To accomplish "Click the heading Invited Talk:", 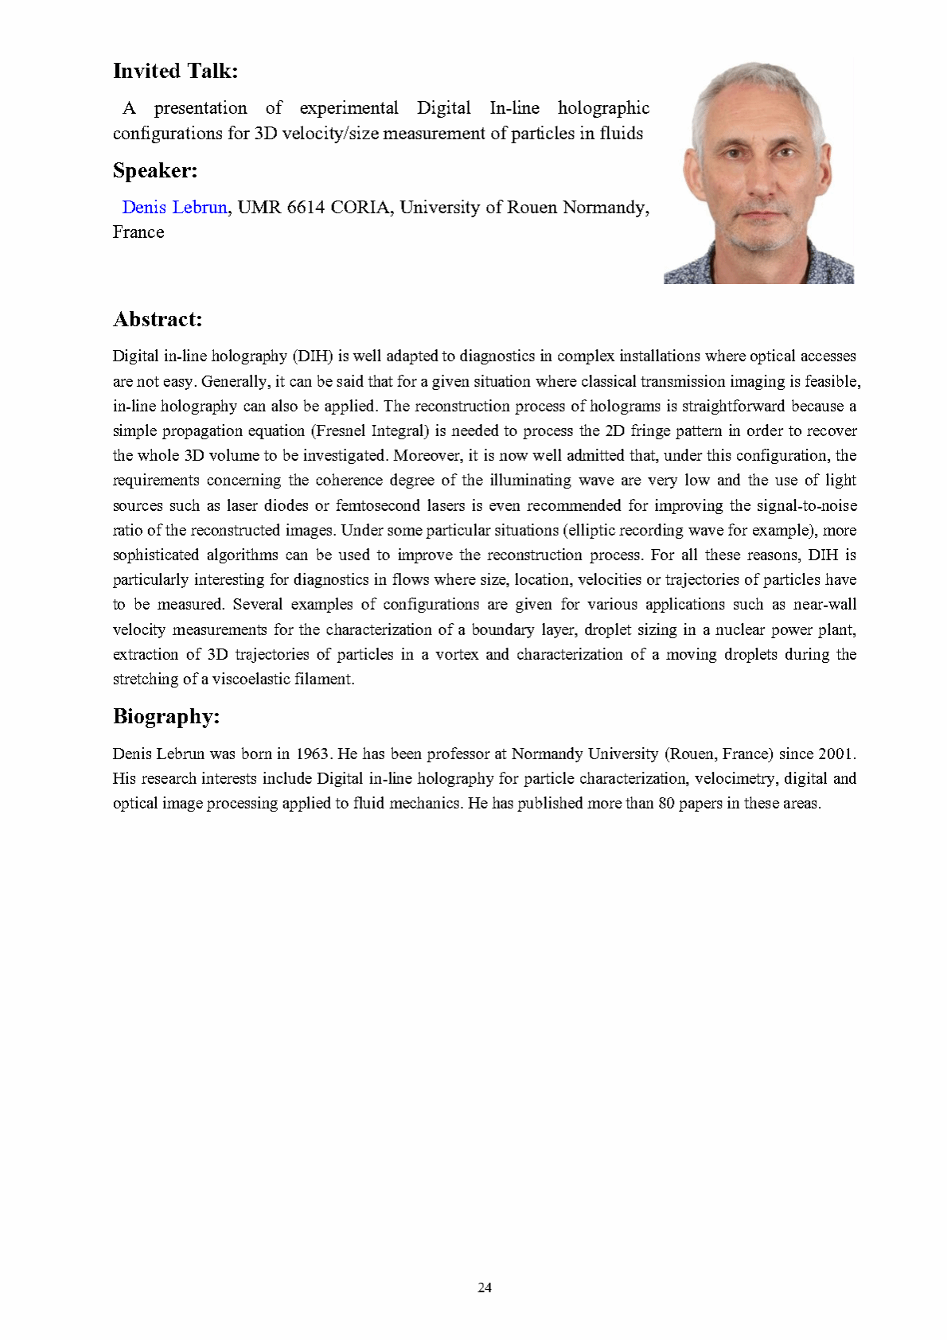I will point(175,71).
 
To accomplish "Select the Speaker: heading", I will point(155,170).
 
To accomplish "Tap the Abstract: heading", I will point(158,319).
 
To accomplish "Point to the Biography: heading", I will point(166,716).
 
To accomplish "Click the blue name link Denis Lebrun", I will point(174,208).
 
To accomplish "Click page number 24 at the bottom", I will point(485,1287).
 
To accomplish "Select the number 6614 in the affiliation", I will point(306,208).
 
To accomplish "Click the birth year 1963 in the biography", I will point(313,754).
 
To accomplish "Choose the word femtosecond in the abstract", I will point(377,505).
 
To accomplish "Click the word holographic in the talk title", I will point(603,108).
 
